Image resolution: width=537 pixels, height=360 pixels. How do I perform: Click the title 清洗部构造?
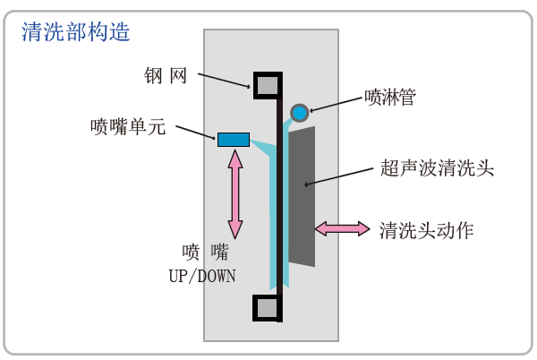76,32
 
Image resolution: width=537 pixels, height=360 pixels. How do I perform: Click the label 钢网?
166,76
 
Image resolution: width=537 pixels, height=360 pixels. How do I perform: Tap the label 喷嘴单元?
128,126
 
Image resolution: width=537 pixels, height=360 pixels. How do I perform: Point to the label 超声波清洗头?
438,167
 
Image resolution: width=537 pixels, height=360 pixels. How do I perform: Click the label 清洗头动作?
427,230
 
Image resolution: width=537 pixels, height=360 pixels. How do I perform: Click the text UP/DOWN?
202,276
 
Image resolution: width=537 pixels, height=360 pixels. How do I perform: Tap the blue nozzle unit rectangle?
234,139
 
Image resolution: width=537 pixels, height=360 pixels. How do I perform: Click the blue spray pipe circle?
300,112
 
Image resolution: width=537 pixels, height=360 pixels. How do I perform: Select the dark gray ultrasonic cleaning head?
302,197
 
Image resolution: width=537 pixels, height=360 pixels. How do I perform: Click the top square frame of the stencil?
268,85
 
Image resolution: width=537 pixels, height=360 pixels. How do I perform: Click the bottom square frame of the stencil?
268,308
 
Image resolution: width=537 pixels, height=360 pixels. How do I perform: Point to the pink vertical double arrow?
235,194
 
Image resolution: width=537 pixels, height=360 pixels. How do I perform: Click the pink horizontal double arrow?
342,228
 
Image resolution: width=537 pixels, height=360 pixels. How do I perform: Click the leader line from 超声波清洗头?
340,176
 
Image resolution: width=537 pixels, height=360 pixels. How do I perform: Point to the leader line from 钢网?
224,81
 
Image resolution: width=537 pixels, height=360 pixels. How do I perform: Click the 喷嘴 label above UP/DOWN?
204,252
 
